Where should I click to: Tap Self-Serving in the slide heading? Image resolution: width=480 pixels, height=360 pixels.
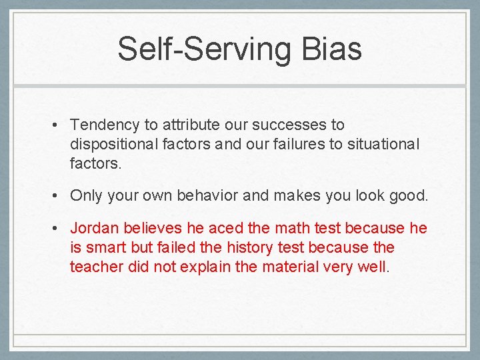point(201,49)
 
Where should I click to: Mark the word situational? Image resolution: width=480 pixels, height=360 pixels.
point(383,144)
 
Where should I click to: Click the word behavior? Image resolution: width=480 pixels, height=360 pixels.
point(204,196)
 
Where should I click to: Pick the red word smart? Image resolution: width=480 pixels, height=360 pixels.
point(106,248)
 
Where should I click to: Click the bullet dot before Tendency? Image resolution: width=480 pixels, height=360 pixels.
point(59,125)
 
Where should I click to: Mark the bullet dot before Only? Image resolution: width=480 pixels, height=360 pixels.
point(59,196)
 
